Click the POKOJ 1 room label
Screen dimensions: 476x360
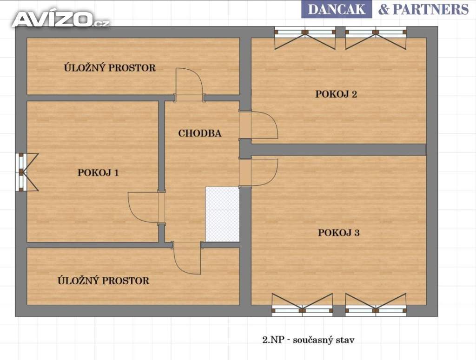point(98,173)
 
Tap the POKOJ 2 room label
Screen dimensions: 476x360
point(336,94)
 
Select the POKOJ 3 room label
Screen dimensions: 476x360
point(339,233)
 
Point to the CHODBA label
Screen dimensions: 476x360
point(200,133)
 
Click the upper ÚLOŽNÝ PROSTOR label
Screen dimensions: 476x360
point(110,67)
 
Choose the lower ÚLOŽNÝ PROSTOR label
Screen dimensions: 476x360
point(104,280)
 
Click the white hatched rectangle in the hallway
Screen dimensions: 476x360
point(223,215)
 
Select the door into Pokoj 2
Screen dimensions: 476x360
point(258,125)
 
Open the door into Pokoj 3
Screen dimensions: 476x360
point(258,172)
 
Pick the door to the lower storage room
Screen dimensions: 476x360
point(187,258)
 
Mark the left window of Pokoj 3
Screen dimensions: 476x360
point(302,305)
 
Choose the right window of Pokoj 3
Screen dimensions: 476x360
point(376,305)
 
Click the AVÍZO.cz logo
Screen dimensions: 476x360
point(61,19)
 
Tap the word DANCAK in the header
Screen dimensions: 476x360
point(337,9)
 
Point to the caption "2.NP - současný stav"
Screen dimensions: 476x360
point(308,340)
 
